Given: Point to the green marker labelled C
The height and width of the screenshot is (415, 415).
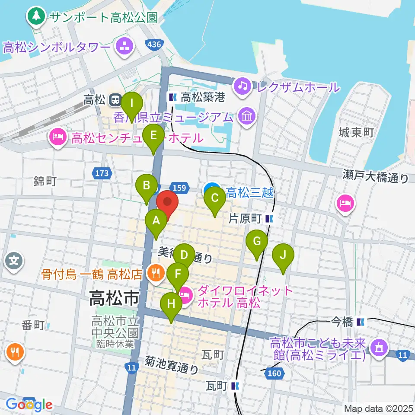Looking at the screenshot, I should (x=214, y=199).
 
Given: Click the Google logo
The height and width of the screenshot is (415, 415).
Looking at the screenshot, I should (x=29, y=405).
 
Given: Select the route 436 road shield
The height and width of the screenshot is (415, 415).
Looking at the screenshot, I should (x=153, y=44).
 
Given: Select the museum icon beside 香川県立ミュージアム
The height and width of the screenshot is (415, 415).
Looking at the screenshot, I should (x=247, y=116).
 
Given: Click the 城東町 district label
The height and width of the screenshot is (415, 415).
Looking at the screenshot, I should (x=357, y=133).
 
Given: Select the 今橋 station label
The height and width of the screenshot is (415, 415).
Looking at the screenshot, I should (x=342, y=322).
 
